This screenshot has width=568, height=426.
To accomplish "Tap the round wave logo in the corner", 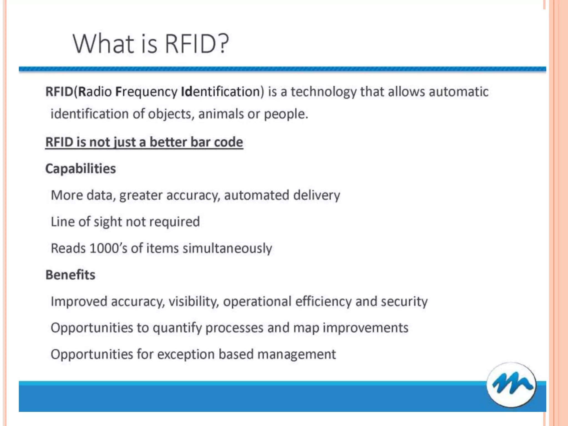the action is pyautogui.click(x=511, y=385).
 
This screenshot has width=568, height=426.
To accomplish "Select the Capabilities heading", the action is pyautogui.click(x=80, y=169).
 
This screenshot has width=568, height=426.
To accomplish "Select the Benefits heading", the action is pyautogui.click(x=70, y=275).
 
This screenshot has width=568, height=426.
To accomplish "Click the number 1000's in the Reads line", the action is pyautogui.click(x=108, y=248).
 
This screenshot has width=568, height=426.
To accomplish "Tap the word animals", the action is pyautogui.click(x=221, y=114).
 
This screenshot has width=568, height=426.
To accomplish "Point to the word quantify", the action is pyautogui.click(x=177, y=328).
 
